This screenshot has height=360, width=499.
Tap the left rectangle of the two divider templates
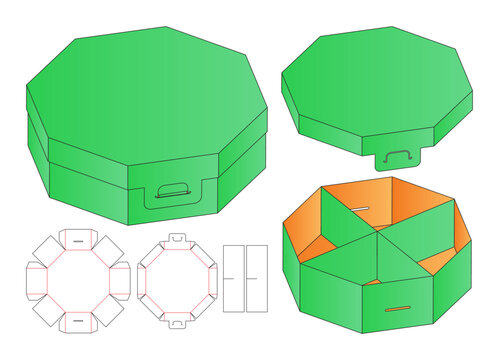[233, 274]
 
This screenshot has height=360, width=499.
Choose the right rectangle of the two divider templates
[257, 274]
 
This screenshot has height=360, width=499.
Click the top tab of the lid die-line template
[177, 240]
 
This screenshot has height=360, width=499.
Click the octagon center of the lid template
[177, 281]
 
